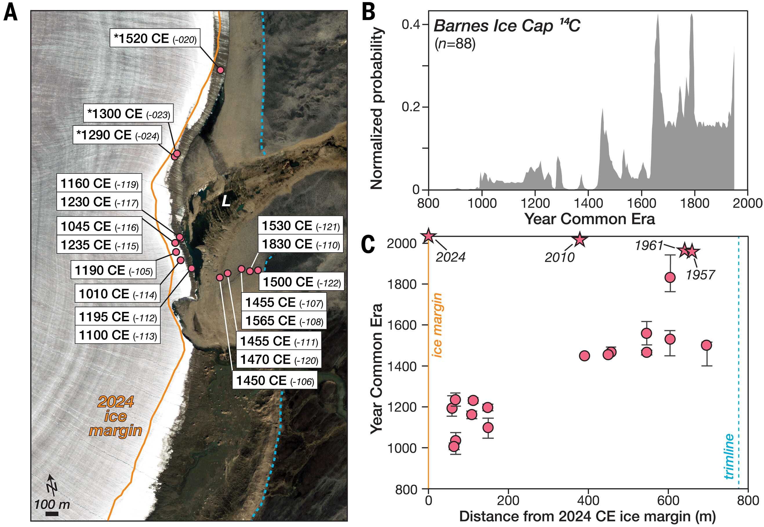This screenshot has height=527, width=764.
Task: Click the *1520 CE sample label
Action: point(155,39)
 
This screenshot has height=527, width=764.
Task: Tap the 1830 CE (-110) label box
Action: point(301,244)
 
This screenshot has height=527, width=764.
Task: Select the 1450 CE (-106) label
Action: point(275,380)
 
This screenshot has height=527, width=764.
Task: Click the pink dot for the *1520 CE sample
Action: point(221,70)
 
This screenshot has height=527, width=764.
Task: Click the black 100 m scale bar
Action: point(52,514)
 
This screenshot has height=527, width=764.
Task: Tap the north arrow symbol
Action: point(52,485)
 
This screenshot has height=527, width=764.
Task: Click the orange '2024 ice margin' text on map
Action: point(116,416)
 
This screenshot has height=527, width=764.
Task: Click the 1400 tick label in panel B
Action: point(588,203)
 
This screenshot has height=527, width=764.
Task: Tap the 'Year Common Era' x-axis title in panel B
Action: point(590,219)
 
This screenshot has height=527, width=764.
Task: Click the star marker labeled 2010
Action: point(580,240)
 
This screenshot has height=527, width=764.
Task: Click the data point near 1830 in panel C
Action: point(670,277)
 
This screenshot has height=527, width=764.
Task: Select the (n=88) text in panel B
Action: point(455,43)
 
